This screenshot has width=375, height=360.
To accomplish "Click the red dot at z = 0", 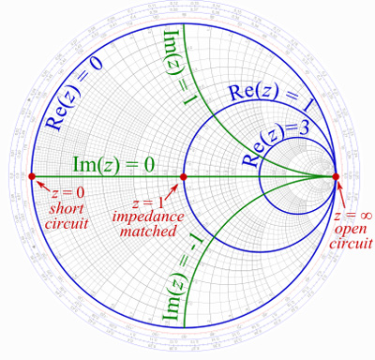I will pos(32,176).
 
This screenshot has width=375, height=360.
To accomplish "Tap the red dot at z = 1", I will pos(184,176).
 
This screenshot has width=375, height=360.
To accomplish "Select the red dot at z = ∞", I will pos(336,176).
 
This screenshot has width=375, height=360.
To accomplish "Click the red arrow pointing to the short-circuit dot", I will pos(40,184).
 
